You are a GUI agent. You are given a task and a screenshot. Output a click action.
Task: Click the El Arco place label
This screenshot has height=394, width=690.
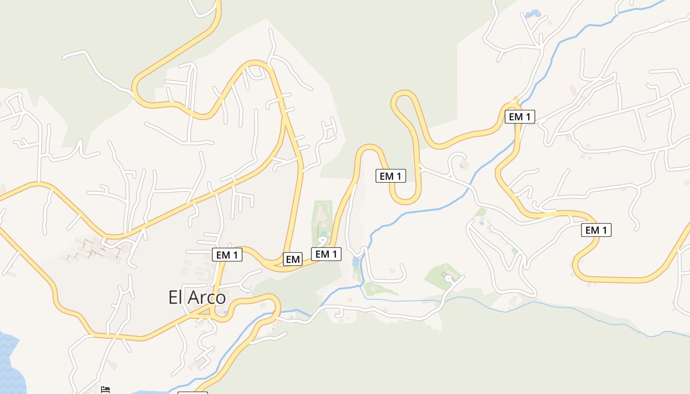pos(197,297)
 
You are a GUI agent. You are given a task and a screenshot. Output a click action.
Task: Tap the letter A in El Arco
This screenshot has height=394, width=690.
pos(192,297)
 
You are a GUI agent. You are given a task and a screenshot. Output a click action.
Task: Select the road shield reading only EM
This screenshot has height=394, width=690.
pos(293,259)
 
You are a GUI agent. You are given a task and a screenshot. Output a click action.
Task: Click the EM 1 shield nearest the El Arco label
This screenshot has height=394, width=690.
pos(227,255)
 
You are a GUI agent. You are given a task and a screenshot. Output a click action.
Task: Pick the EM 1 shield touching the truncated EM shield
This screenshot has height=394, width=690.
pos(326,254)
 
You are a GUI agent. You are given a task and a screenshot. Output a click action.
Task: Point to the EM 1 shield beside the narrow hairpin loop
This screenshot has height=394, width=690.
pos(391,176)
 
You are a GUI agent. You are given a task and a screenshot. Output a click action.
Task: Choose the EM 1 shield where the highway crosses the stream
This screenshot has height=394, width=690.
pos(520,117)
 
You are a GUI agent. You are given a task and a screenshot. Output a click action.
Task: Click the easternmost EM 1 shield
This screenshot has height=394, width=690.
pos(596,230)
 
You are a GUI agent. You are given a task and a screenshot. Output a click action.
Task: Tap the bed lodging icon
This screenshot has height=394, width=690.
pos(105,390)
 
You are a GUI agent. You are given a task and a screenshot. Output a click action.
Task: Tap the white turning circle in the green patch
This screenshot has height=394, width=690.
pos(448,278)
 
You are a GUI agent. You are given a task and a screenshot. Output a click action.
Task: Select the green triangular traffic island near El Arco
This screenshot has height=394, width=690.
pos(203,310)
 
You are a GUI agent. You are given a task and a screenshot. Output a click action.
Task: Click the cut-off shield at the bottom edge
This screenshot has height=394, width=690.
pos(192,393)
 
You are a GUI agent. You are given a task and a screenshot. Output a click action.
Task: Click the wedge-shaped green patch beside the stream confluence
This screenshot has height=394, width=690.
pos(379,289)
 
